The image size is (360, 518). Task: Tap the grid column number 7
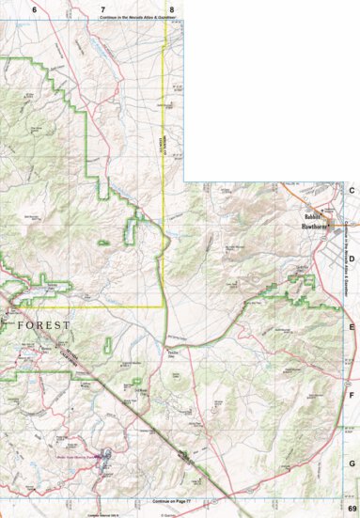[x=102, y=8]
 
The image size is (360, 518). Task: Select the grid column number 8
[x=171, y=8]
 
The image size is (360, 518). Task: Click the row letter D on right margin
[x=352, y=258]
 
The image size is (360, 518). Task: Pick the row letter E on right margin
[x=352, y=327]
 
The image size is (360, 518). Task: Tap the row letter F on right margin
[x=352, y=396]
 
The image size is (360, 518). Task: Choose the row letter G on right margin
[x=352, y=464]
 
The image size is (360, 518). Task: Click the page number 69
[x=351, y=508]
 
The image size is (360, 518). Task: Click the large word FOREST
[x=43, y=325]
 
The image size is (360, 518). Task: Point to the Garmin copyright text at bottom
[x=168, y=514]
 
